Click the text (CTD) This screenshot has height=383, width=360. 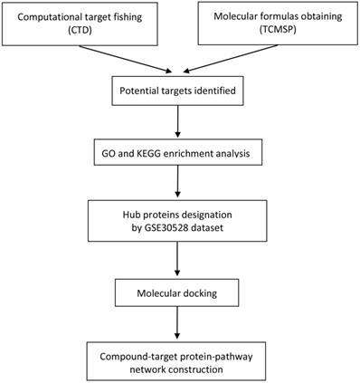(78, 32)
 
